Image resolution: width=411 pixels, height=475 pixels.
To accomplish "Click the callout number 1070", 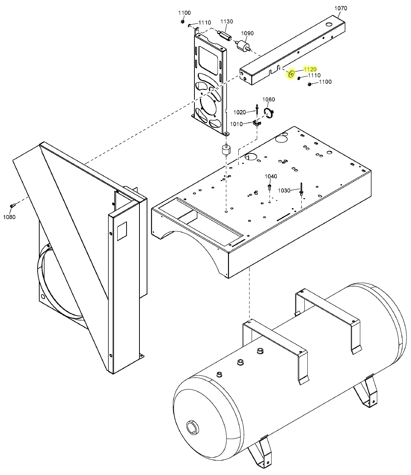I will (x=341, y=8).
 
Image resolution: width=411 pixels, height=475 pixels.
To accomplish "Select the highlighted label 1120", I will (x=310, y=69).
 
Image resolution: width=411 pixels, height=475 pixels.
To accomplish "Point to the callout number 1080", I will (x=9, y=217).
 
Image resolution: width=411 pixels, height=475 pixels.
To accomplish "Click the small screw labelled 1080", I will (x=12, y=205).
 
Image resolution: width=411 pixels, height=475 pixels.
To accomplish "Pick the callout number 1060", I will (x=269, y=100).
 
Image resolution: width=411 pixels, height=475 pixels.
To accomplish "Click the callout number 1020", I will (x=239, y=112).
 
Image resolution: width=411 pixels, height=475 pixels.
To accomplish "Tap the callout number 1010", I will (x=236, y=124).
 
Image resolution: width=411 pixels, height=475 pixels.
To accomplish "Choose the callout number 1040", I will (x=271, y=176).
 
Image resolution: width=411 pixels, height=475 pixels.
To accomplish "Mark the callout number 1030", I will (x=284, y=190).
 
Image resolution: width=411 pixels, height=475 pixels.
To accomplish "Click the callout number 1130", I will (x=227, y=21).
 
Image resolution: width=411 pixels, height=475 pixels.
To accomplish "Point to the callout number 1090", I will (x=247, y=33).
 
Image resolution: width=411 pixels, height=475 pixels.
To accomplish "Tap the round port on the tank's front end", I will (x=193, y=427).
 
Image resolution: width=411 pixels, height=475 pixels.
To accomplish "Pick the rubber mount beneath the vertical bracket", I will (x=225, y=150).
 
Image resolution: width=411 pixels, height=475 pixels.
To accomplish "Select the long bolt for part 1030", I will (x=301, y=188).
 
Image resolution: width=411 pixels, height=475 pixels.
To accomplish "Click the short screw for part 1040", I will (x=269, y=188).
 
